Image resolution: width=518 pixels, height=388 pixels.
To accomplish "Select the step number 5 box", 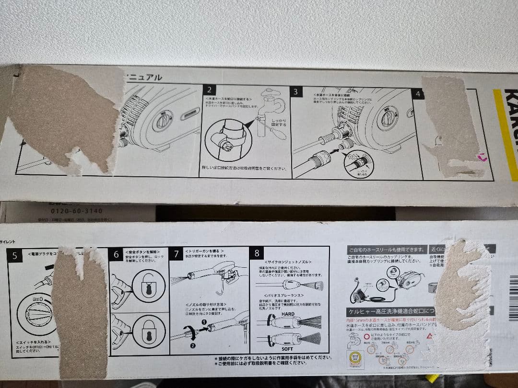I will click(x=14, y=255).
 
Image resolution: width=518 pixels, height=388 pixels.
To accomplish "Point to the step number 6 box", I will click(x=116, y=254).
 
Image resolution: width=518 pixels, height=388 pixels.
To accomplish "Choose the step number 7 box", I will click(x=176, y=254).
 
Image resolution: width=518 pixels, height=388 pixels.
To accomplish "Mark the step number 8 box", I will click(x=257, y=253).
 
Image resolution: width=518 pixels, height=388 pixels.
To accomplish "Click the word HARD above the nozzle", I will click(x=288, y=314).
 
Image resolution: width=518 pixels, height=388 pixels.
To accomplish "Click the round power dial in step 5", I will click(x=36, y=314).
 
